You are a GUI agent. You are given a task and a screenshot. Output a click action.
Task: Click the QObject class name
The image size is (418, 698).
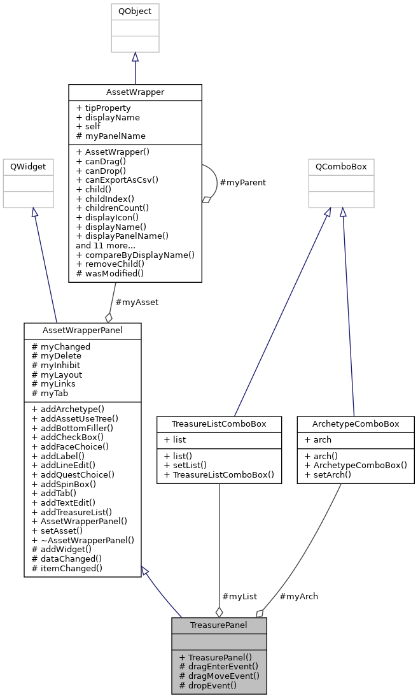pos(135,11)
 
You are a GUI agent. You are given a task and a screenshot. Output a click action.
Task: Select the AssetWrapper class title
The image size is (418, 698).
pos(135,92)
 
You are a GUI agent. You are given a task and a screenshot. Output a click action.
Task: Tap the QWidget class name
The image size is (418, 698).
pos(27,167)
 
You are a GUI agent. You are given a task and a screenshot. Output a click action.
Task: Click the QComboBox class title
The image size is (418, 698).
pos(341,167)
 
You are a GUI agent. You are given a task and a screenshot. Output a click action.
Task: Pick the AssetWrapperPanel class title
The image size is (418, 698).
pos(82,331)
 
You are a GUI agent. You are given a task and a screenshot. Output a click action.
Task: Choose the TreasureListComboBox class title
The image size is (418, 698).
pos(219,424)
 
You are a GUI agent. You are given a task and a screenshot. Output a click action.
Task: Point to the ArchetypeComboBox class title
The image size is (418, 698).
pos(355,424)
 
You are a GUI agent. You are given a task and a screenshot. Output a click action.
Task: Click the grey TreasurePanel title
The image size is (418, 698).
pos(218,625)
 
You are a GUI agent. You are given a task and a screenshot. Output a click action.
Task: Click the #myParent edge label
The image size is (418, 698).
pos(242,182)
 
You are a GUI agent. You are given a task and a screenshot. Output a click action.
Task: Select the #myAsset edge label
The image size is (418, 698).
pos(136,302)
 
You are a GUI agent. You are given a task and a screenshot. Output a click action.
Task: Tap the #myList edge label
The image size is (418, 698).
pos(239,596)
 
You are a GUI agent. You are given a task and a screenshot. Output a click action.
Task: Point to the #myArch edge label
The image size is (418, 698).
pos(298,596)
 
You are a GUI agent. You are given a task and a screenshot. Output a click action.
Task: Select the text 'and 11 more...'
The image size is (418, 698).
pos(105,245)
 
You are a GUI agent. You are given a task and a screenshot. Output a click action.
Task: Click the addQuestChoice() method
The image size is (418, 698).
pos(73,474)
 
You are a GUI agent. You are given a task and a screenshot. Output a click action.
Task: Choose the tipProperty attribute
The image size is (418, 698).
pos(103,108)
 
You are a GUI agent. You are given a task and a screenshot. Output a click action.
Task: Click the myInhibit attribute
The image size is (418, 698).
pos(57,365)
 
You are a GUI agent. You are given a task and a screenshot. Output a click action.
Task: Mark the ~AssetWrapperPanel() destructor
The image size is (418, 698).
pos(83,539)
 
